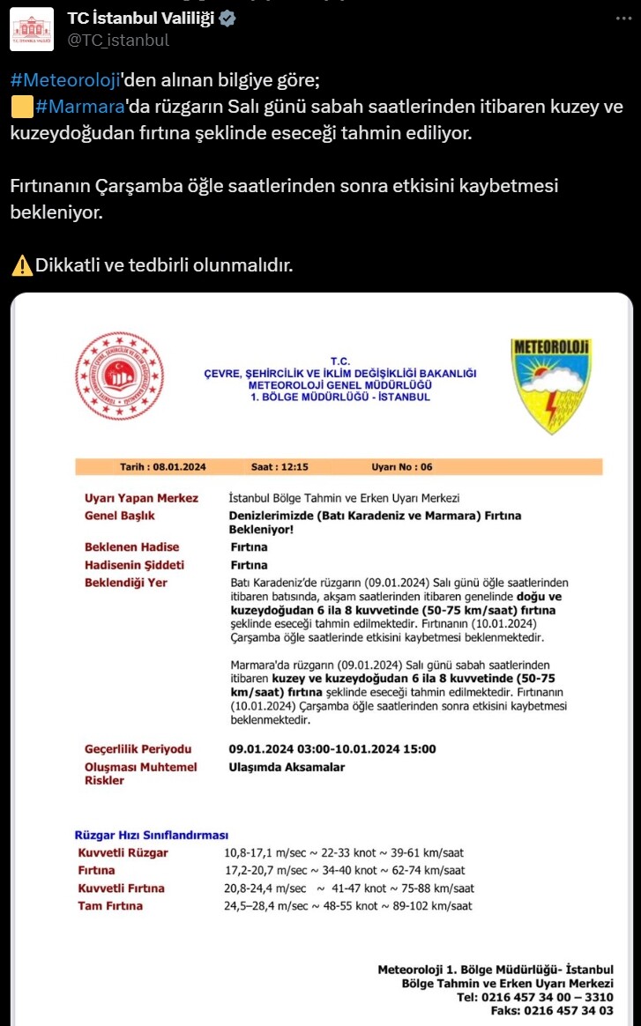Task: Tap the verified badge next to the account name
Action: tap(227, 19)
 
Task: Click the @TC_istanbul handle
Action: tap(118, 40)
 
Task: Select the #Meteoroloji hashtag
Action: tap(65, 79)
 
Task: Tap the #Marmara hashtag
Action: tap(80, 108)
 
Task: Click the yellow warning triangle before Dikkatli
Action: tap(22, 264)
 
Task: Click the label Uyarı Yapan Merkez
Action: tap(141, 498)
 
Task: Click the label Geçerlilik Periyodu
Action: tap(138, 748)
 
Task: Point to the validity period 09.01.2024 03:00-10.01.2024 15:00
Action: tap(332, 748)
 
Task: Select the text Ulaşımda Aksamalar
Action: tap(287, 767)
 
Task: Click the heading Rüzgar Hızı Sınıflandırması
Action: tap(151, 835)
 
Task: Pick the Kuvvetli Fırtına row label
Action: tap(121, 888)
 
